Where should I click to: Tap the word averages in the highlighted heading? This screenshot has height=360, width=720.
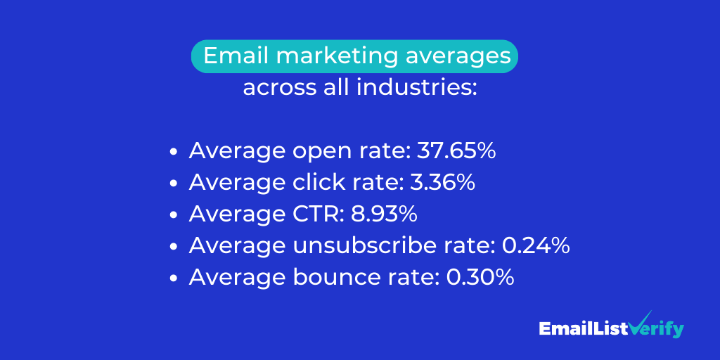tap(458, 56)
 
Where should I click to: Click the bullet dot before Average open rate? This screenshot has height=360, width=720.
tap(174, 153)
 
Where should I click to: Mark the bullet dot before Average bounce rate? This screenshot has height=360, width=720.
tap(174, 278)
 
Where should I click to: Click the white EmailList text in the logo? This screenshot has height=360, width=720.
tap(583, 328)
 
